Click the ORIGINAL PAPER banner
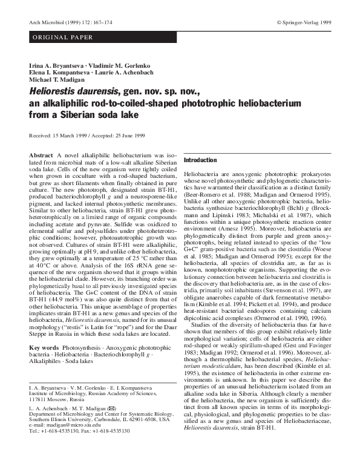[x=54, y=38]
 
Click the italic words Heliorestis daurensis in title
[x=72, y=91]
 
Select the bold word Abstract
[x=41, y=156]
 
